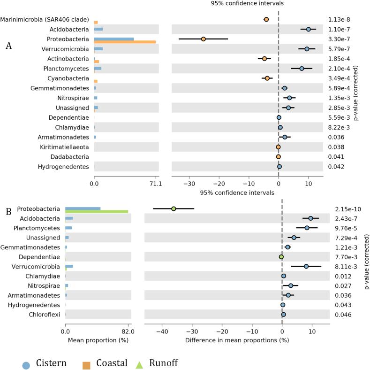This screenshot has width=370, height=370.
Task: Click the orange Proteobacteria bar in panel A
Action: (x=125, y=42)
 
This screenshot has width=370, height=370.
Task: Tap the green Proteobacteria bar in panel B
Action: (x=97, y=211)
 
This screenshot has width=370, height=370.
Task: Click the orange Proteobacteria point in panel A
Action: (x=203, y=39)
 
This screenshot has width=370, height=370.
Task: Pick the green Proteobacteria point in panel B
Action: (x=174, y=209)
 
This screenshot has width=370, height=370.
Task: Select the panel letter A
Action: (x=8, y=46)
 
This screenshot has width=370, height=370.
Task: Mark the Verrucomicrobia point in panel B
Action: (x=306, y=266)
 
